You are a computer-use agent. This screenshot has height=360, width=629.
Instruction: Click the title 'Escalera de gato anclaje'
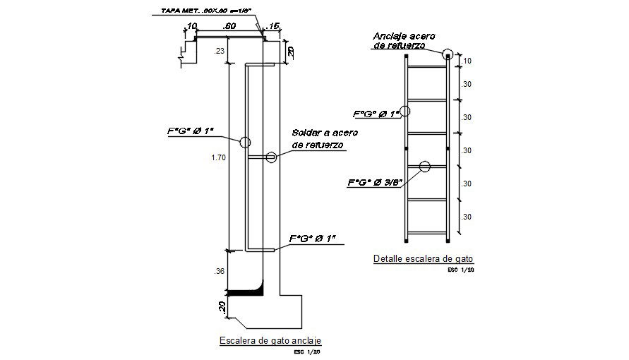(x=270, y=340)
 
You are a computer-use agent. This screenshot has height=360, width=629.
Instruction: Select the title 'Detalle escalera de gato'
(x=421, y=259)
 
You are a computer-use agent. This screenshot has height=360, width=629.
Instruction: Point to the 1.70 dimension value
(x=218, y=158)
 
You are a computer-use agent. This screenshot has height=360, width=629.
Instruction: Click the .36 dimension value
(x=218, y=270)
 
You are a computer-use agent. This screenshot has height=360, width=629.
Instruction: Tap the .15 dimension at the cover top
(x=274, y=26)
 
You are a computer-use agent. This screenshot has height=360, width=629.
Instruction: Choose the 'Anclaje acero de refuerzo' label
(x=406, y=40)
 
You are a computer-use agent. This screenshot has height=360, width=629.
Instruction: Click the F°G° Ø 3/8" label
(x=375, y=182)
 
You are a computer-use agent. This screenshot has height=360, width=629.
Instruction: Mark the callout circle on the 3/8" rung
(x=424, y=167)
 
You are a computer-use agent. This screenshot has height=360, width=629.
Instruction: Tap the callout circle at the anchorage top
(x=448, y=54)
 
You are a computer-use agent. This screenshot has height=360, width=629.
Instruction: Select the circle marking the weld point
(x=271, y=158)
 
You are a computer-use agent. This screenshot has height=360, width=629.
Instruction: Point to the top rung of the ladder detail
(x=426, y=67)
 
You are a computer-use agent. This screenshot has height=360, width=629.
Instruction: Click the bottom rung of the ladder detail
(x=426, y=233)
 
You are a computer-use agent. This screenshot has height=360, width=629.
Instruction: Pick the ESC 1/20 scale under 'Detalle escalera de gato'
(x=460, y=269)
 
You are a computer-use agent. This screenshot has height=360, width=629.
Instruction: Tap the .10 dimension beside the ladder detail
(x=467, y=61)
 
